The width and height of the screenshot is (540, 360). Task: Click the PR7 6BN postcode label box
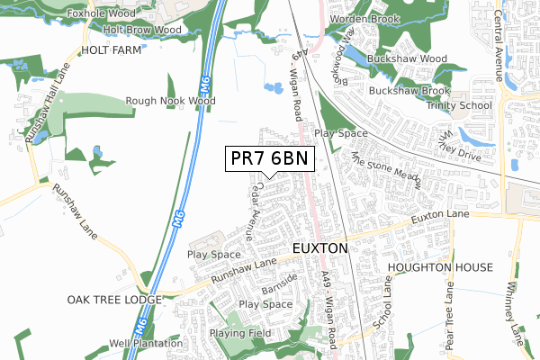pyautogui.click(x=269, y=159)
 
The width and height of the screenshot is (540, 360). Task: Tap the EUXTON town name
pyautogui.click(x=319, y=247)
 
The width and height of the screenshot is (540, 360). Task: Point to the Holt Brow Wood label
pyautogui.click(x=142, y=30)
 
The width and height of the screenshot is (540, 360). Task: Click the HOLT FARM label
pyautogui.click(x=112, y=51)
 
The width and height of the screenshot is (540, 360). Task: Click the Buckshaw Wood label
pyautogui.click(x=408, y=59)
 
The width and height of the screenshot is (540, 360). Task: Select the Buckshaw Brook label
pyautogui.click(x=409, y=91)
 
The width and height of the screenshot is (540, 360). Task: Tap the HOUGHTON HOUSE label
pyautogui.click(x=440, y=268)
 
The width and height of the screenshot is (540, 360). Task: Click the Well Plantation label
pyautogui.click(x=146, y=343)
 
